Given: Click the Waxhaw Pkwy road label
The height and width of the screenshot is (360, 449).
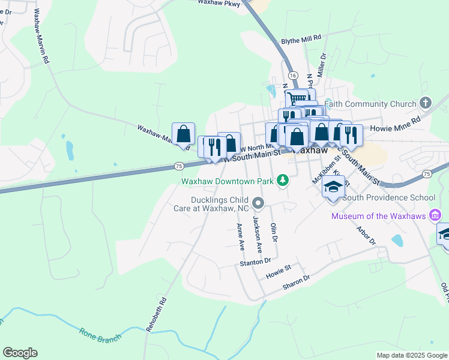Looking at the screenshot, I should [x=220, y=4].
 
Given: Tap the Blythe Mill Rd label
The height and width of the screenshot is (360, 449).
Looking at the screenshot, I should [x=301, y=38].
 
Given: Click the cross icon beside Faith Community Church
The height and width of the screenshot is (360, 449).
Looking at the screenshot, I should [x=426, y=103].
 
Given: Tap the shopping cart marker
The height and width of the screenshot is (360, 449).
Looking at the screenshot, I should [x=296, y=99].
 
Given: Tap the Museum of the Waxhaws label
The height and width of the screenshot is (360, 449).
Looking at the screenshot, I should [x=377, y=216].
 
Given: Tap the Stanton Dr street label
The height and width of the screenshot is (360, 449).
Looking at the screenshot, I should [x=256, y=262].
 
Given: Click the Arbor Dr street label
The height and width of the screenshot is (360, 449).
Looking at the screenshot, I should [x=366, y=235].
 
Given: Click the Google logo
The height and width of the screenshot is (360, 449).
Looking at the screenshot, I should [x=20, y=353].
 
